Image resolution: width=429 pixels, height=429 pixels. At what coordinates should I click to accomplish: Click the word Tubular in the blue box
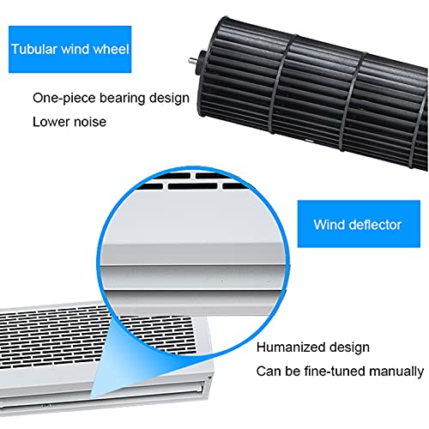click(x=34, y=49)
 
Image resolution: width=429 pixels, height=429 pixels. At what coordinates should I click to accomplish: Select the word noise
click(x=90, y=123)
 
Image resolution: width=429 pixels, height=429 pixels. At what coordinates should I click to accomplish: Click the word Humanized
click(x=291, y=347)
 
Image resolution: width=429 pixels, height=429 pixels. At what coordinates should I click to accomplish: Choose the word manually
click(x=396, y=372)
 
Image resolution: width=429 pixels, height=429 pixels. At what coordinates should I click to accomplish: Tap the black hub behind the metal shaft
click(x=202, y=63)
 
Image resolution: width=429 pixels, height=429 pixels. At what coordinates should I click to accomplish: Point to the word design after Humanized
click(x=349, y=347)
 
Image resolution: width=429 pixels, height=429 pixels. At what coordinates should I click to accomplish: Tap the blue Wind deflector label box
click(x=359, y=224)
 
